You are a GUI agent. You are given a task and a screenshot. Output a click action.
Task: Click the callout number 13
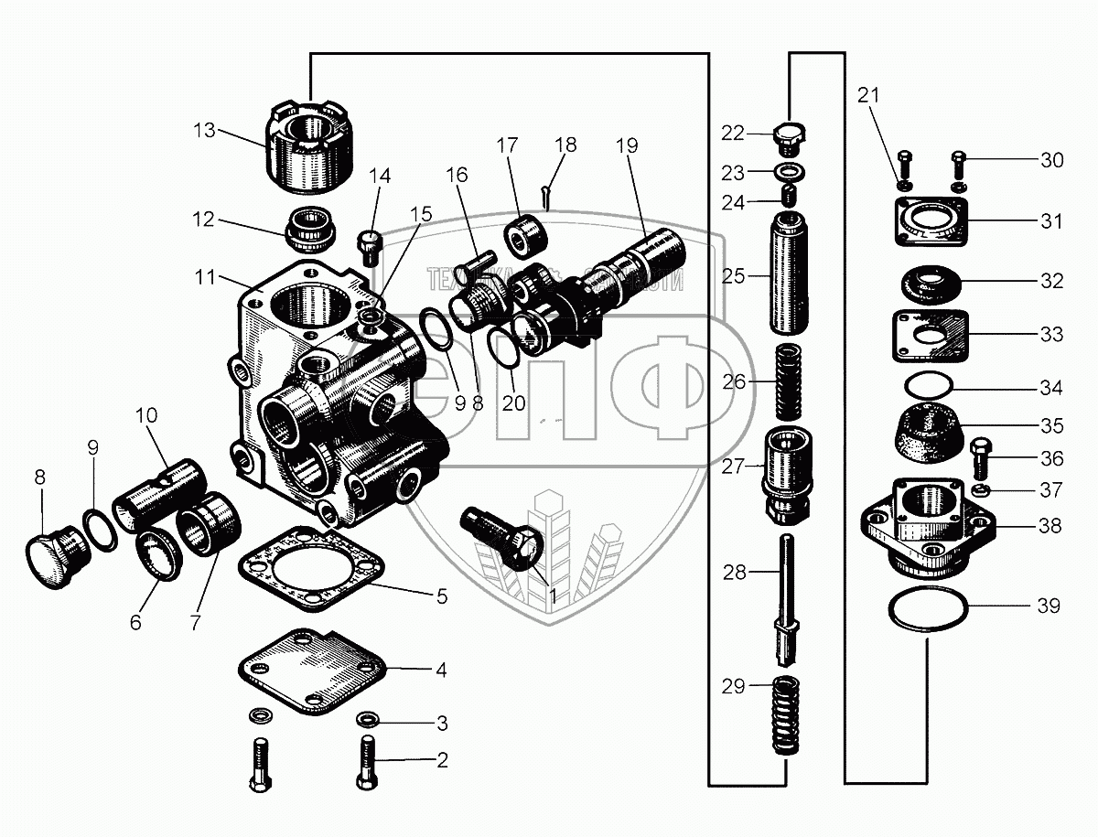pos(204,130)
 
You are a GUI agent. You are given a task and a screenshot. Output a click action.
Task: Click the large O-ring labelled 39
pos(925,610)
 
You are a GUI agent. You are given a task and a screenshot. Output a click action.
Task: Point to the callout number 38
pos(1050,526)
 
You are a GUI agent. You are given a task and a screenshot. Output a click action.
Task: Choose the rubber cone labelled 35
pos(925,428)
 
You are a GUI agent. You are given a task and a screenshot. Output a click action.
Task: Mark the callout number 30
pos(1051,160)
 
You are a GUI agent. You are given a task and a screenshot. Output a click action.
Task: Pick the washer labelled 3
pos(368,717)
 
